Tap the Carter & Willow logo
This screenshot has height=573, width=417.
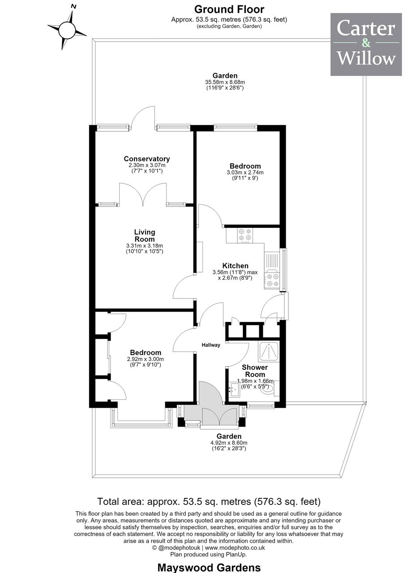(366, 44)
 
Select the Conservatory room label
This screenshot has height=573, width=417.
(146, 159)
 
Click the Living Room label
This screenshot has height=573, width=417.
(145, 235)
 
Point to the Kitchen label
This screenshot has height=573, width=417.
(235, 266)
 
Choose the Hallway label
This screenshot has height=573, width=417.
(211, 345)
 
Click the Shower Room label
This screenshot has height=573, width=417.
(255, 371)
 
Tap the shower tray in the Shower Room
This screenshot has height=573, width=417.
(269, 352)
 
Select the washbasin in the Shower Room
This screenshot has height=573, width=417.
(234, 390)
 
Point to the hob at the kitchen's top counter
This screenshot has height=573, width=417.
(245, 235)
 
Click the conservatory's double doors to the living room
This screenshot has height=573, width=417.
(143, 195)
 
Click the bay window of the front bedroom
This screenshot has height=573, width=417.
(141, 419)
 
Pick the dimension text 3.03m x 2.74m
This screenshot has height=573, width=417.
(245, 172)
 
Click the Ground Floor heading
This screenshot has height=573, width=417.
(229, 9)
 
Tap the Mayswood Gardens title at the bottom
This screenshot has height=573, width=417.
(209, 567)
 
